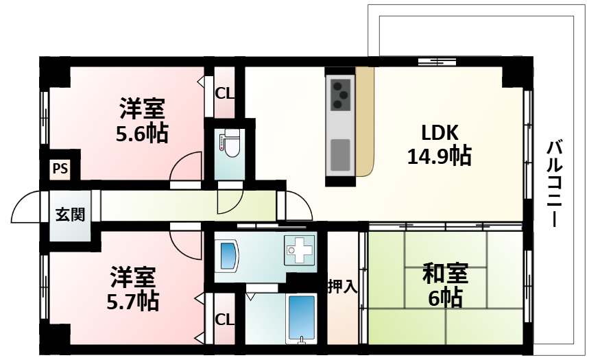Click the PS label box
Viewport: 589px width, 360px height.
(x=60, y=169)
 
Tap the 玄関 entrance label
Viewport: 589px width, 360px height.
(x=70, y=215)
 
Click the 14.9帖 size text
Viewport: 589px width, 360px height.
(x=439, y=157)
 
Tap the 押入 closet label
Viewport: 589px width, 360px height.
(x=342, y=286)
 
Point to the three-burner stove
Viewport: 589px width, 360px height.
(x=340, y=95)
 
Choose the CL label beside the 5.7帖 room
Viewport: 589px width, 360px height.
(x=224, y=319)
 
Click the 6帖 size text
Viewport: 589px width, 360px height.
(x=445, y=298)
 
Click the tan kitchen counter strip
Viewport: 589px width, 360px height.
(x=364, y=120)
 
